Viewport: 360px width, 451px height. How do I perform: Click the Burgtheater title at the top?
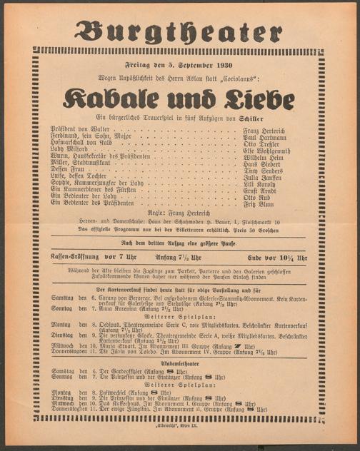point(179,29)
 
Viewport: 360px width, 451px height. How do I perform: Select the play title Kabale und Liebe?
point(180,98)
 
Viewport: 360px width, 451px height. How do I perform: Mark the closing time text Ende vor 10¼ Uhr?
point(279,257)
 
